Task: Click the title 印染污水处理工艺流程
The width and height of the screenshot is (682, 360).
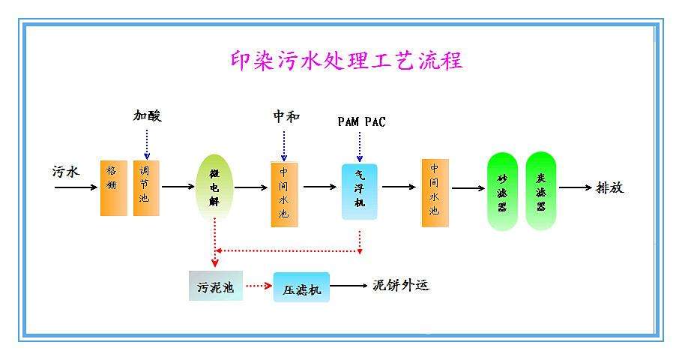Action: coord(345,60)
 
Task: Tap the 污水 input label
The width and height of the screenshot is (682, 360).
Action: coord(66,171)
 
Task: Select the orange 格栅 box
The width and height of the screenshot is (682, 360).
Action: coord(114,187)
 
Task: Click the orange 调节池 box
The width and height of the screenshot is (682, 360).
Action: coord(146,187)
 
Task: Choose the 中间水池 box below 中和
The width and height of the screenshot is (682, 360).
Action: coord(284,193)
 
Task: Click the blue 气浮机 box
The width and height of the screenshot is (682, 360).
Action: coord(359,191)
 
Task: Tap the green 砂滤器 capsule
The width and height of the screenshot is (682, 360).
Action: coord(502,191)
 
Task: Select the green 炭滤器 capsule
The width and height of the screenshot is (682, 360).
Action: coord(540,191)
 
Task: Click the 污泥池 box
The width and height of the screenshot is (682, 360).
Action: coord(216,286)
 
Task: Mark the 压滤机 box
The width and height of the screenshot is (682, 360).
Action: coord(301,287)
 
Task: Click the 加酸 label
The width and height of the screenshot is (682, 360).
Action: coord(148,115)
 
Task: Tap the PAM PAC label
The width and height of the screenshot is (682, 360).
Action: coord(361,121)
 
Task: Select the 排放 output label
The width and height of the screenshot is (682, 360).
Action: coord(609,187)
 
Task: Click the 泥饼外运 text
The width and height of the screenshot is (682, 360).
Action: coord(401,285)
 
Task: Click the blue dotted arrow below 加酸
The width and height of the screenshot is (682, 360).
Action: coord(147,144)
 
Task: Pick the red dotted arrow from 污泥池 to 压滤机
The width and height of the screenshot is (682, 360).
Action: coord(259,286)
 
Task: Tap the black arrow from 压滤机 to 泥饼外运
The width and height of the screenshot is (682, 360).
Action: coord(348,286)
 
